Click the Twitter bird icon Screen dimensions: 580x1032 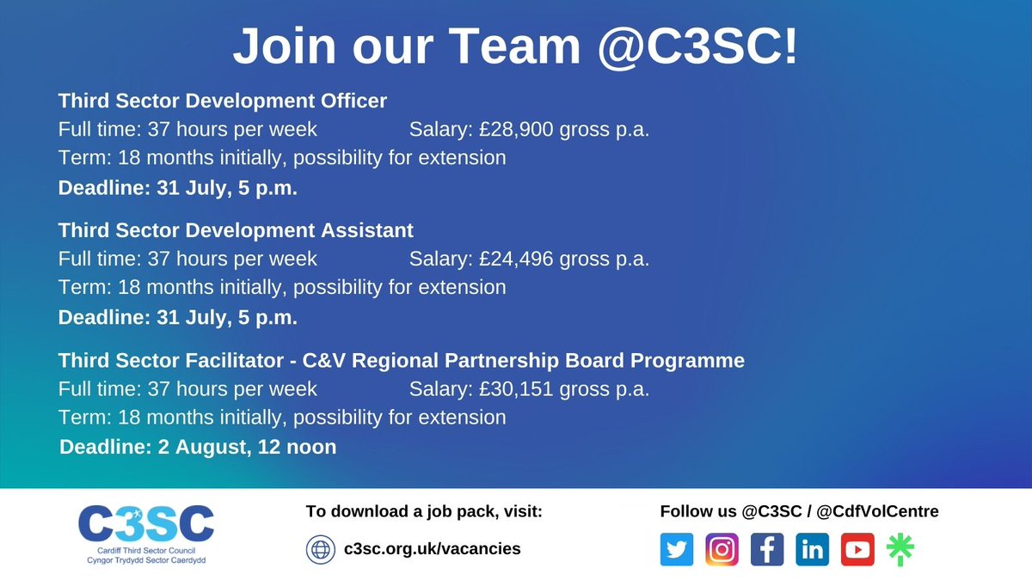pos(677,549)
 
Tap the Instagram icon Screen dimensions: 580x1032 pos(722,549)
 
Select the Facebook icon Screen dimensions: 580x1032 pos(766,549)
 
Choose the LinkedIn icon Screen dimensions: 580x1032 pos(812,549)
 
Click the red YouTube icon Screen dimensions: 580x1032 pos(857,549)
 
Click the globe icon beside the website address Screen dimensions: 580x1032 pos(320,548)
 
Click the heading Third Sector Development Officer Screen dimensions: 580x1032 pos(223,101)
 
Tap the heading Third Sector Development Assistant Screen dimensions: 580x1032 pos(236,230)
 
